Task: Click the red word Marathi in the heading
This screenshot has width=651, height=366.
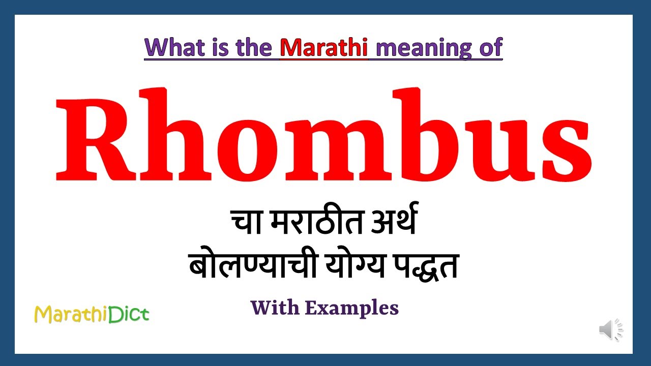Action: [324, 47]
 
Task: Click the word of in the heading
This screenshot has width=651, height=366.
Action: [490, 47]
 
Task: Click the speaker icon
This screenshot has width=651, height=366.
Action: [610, 330]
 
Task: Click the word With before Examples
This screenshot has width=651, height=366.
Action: [277, 308]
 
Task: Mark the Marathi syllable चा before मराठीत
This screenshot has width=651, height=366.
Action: [246, 224]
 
